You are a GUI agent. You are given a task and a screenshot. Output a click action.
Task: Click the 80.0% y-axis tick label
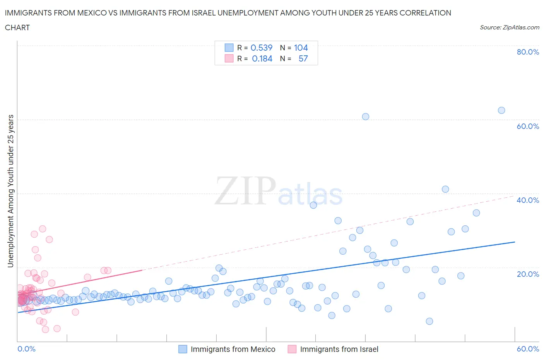[x=528, y=52]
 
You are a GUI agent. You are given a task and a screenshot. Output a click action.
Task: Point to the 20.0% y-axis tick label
[x=528, y=274]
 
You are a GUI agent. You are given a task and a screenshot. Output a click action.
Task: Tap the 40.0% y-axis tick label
[x=528, y=200]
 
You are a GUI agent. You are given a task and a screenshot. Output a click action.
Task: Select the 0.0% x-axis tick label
[x=26, y=349]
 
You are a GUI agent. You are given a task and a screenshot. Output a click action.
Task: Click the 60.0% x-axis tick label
[x=528, y=349]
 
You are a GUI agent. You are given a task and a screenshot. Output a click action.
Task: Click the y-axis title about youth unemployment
[x=10, y=191]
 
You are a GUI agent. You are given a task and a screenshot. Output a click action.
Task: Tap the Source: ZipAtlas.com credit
[x=509, y=27]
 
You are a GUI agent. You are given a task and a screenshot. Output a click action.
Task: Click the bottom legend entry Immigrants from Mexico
[x=233, y=349]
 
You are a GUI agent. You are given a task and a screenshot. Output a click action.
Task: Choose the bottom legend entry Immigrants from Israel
[x=339, y=349]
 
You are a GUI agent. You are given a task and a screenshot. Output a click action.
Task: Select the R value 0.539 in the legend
[x=262, y=48]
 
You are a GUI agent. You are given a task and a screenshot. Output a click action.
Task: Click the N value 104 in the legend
[x=301, y=48]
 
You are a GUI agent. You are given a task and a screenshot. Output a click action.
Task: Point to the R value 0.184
[x=262, y=58]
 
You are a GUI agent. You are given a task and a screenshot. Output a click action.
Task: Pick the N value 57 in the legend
[x=303, y=58]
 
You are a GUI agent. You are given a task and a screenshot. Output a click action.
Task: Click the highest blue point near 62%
[x=501, y=110]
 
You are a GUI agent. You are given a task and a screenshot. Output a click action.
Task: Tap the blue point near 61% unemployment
[x=365, y=117]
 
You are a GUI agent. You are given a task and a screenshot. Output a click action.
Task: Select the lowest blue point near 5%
[x=429, y=321]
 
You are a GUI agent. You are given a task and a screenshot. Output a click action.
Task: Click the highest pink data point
[x=43, y=229]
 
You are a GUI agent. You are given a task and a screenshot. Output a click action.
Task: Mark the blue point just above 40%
[x=445, y=189]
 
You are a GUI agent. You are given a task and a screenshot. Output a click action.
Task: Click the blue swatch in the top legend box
[x=229, y=48]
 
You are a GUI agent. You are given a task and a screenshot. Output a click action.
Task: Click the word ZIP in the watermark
[x=245, y=190]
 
